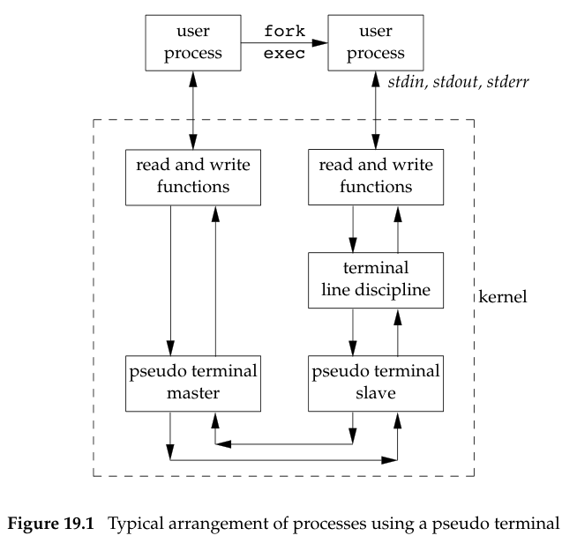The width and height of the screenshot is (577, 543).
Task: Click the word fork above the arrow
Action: [x=284, y=32]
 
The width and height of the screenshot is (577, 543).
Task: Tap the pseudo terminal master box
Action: [x=192, y=383]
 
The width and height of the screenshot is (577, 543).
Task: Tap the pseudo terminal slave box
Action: [x=375, y=383]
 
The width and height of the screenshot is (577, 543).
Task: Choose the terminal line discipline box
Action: [x=375, y=280]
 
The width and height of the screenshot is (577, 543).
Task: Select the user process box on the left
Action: [x=192, y=42]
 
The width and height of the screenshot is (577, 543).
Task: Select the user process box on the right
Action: [x=375, y=42]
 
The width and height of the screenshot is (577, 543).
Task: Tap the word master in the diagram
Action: [x=192, y=394]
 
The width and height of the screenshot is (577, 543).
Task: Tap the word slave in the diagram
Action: [x=375, y=394]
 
